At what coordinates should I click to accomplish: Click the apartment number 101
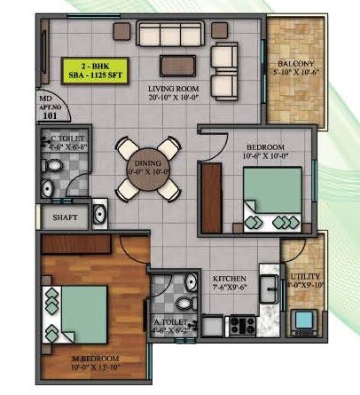50,113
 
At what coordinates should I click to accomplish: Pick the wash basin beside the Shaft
99,214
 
